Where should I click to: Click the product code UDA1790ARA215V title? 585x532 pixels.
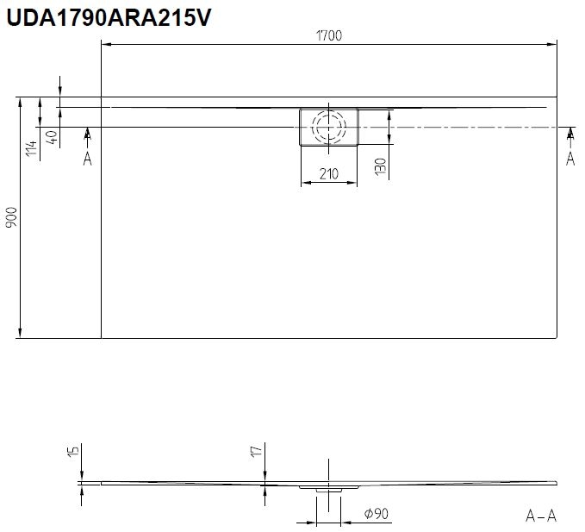(x=109, y=17)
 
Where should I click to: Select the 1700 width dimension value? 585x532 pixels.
(x=329, y=36)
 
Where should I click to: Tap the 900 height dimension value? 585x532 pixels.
(x=11, y=217)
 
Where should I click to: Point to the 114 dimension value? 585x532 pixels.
(x=32, y=148)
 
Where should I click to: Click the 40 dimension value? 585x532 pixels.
(x=53, y=137)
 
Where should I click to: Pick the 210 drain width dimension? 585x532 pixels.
(x=329, y=174)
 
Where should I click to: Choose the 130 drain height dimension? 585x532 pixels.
(x=380, y=166)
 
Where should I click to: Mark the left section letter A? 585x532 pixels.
(x=87, y=159)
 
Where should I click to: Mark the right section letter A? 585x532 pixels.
(x=570, y=159)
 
